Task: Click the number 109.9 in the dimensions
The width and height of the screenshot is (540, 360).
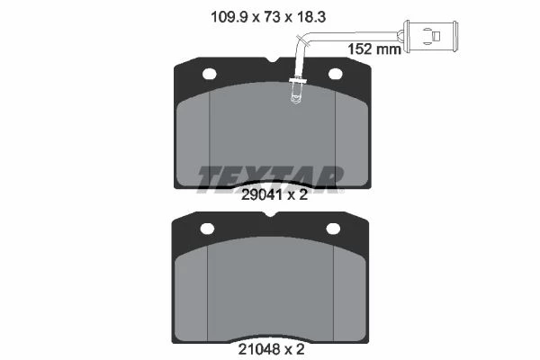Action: (229, 17)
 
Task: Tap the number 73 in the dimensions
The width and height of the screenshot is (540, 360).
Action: (272, 17)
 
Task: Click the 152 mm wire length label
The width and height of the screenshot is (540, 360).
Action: (374, 49)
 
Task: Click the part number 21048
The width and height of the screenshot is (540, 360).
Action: (260, 350)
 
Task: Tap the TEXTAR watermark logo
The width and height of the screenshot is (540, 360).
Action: (270, 178)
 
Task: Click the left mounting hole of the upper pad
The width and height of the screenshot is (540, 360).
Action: (210, 74)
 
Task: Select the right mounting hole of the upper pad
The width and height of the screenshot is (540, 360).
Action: (335, 74)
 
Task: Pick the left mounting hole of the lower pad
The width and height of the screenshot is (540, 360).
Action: (207, 229)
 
